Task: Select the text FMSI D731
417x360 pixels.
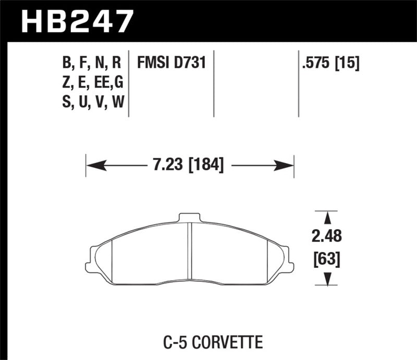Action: click(x=171, y=64)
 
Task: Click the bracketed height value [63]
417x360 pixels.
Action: click(x=327, y=258)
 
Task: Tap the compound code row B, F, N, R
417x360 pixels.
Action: click(x=92, y=64)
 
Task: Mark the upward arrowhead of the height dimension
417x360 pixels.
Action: click(x=327, y=218)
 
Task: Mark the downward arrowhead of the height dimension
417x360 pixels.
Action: click(x=327, y=280)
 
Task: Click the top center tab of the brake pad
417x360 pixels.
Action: click(x=190, y=217)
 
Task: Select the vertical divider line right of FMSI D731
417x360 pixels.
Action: click(x=215, y=83)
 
